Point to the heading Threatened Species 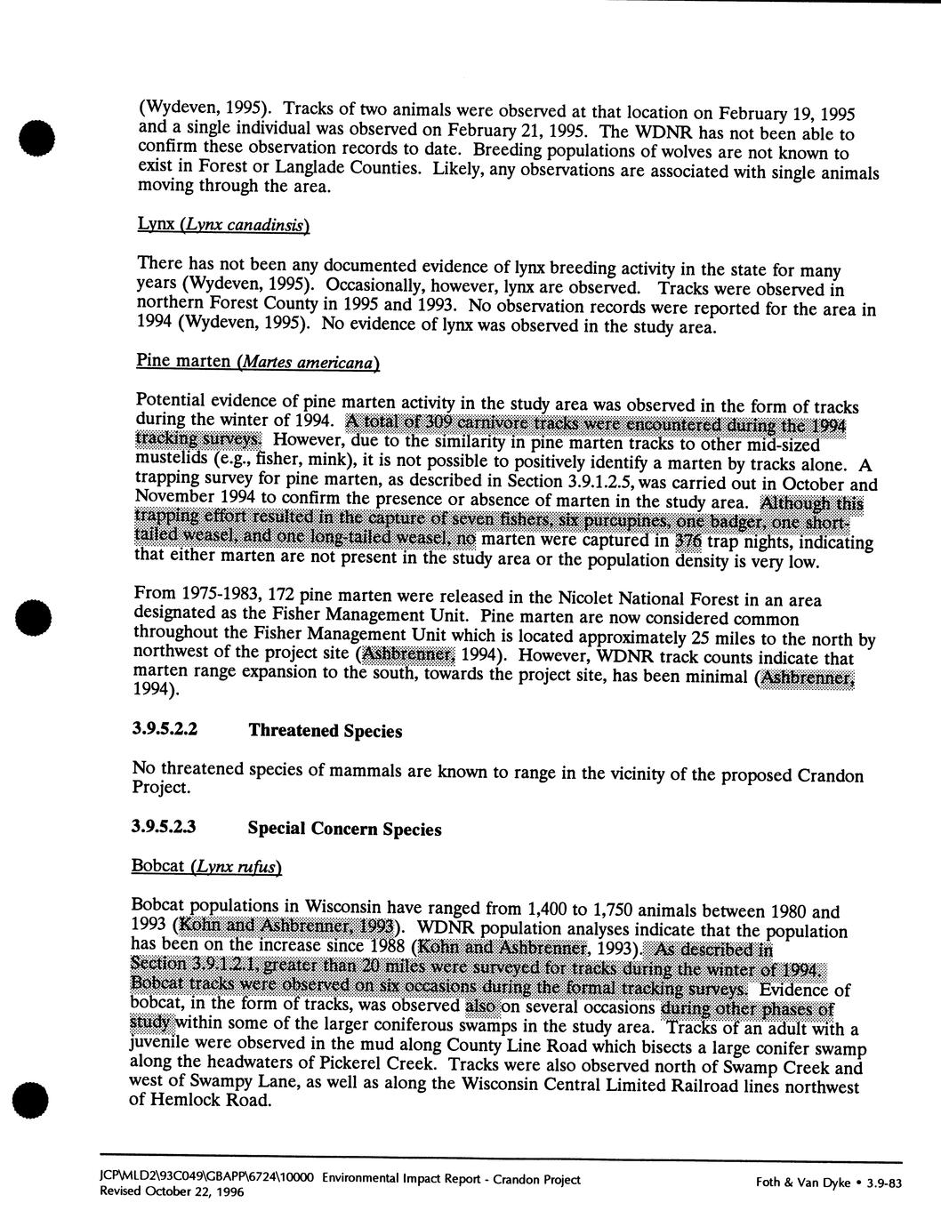coord(326,731)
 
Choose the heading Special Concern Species coord(344,829)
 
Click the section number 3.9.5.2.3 coord(165,826)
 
